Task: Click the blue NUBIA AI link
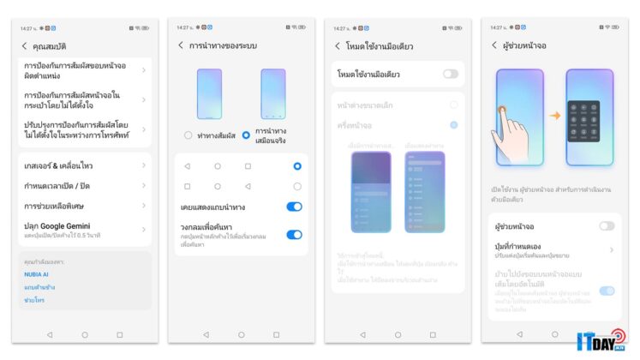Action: pyautogui.click(x=36, y=273)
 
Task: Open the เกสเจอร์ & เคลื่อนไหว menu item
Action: pyautogui.click(x=81, y=165)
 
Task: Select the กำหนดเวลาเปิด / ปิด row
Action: pyautogui.click(x=81, y=185)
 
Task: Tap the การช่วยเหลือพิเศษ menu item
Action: pyautogui.click(x=81, y=207)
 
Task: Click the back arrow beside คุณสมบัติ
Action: pyautogui.click(x=24, y=45)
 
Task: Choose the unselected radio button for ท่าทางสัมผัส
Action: pyautogui.click(x=188, y=135)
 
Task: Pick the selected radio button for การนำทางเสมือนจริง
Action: pyautogui.click(x=246, y=135)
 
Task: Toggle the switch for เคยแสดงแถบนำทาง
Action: pyautogui.click(x=294, y=207)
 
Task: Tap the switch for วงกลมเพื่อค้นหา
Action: pyautogui.click(x=294, y=234)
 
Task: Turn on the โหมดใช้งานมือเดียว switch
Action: pyautogui.click(x=451, y=75)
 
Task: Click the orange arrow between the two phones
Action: pyautogui.click(x=554, y=115)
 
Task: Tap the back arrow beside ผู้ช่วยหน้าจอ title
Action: pyautogui.click(x=494, y=45)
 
